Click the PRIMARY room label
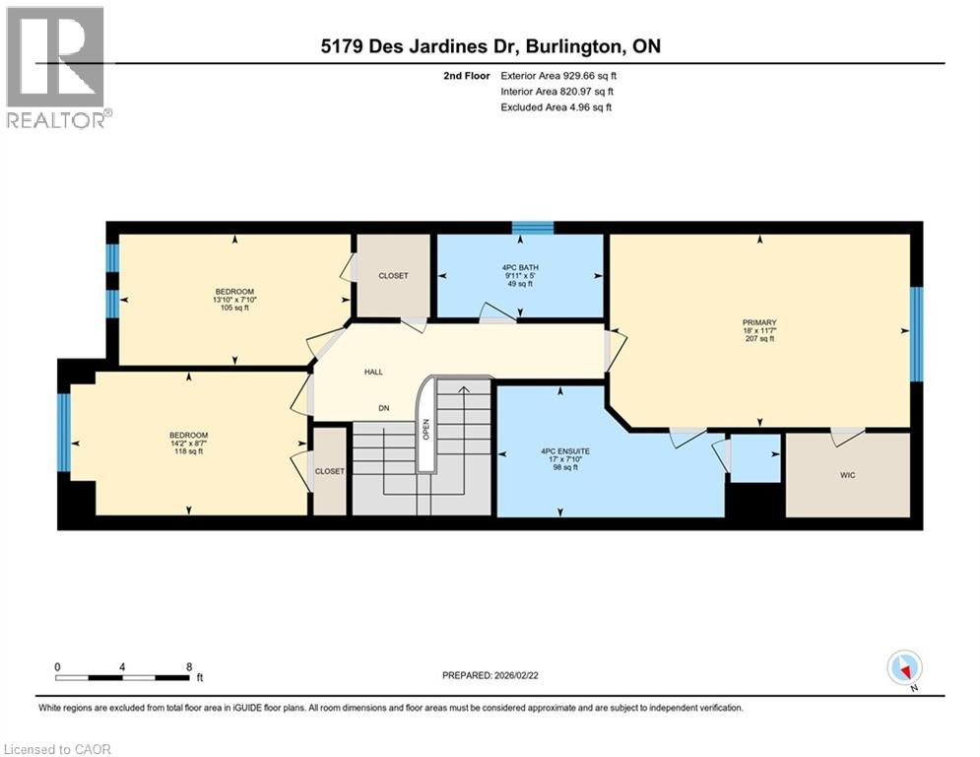759,322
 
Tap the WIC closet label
846,474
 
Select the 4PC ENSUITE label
560,453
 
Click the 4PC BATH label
520,266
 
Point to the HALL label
373,372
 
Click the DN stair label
384,407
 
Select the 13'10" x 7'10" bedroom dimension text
235,301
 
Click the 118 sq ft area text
188,452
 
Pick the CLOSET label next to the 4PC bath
393,276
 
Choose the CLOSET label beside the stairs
330,472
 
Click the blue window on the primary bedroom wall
916,333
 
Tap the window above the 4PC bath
533,228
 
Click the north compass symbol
903,667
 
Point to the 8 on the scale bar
188,666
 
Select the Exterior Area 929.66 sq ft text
559,75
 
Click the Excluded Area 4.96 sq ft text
556,106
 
